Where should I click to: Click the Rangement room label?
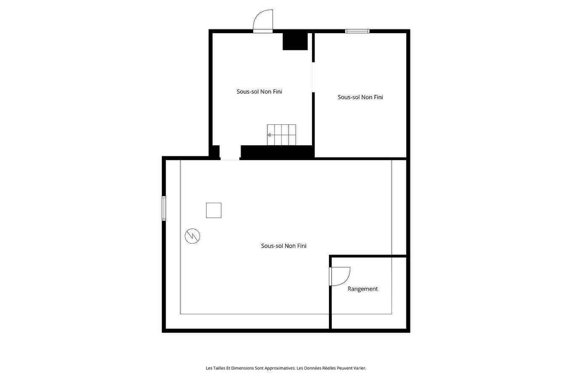[363, 289]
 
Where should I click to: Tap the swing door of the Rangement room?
[340, 276]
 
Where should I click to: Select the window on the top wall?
[357, 31]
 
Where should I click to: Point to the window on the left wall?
[164, 208]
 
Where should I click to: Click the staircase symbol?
[281, 135]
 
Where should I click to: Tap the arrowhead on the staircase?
[269, 135]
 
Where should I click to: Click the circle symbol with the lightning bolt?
[193, 236]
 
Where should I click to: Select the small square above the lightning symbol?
[214, 210]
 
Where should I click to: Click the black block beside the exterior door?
[295, 41]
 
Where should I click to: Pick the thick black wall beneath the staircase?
[277, 152]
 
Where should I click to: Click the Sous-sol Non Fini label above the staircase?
[259, 92]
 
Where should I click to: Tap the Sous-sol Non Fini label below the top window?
[360, 97]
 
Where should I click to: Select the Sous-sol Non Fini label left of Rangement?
[283, 246]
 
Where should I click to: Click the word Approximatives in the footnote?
[280, 368]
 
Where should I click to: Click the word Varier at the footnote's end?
[360, 368]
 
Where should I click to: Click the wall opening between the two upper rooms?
[313, 77]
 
